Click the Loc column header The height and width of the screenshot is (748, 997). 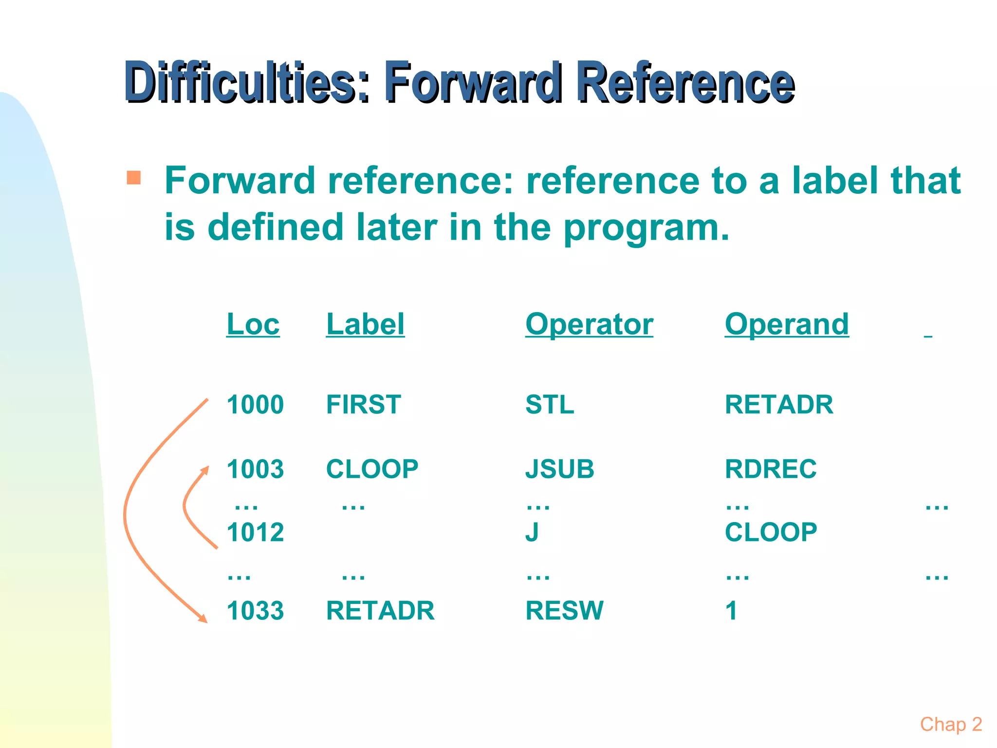click(253, 324)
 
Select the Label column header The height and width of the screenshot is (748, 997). click(365, 324)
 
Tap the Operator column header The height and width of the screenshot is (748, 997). click(589, 324)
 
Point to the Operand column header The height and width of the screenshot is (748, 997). click(787, 324)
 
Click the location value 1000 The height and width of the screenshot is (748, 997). click(255, 405)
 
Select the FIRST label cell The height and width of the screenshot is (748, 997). click(364, 405)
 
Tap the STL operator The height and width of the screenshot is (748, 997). click(550, 405)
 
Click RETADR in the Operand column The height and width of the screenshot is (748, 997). click(779, 405)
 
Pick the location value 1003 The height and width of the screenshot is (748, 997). click(255, 469)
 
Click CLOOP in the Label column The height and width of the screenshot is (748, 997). click(372, 469)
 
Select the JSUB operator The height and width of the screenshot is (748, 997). click(560, 469)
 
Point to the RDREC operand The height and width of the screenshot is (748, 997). click(771, 469)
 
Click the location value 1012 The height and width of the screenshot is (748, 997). click(255, 532)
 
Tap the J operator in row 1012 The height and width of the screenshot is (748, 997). click(532, 532)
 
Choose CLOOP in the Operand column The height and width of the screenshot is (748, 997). click(771, 532)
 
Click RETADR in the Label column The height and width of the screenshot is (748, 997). click(380, 611)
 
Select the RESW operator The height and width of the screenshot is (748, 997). click(564, 611)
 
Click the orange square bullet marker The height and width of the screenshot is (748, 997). click(133, 177)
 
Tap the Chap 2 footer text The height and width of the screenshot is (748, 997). click(951, 725)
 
